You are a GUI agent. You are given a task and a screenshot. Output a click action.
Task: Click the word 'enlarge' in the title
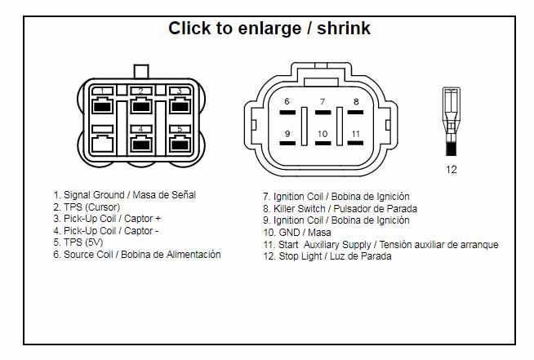(269, 29)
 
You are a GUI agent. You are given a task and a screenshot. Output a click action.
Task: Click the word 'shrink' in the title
(344, 28)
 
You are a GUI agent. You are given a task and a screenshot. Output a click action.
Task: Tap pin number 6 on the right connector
(287, 101)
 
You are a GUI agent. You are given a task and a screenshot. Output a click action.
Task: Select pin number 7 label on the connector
(323, 101)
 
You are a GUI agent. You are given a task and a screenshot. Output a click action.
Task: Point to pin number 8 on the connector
(356, 101)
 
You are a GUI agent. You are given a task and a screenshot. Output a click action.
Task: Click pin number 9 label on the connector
(287, 134)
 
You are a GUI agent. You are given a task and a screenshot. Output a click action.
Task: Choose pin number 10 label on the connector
(323, 134)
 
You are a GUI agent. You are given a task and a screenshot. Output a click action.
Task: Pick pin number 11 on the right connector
(356, 134)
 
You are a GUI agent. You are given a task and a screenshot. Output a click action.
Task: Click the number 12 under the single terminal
(452, 169)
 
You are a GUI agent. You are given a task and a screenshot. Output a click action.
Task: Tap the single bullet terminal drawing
(452, 122)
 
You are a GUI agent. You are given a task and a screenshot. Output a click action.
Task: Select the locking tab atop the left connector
(141, 72)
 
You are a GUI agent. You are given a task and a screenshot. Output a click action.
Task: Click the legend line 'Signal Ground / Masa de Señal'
(125, 195)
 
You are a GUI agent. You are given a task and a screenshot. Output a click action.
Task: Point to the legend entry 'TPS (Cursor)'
(87, 207)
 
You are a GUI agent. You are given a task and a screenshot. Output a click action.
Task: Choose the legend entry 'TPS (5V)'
(78, 242)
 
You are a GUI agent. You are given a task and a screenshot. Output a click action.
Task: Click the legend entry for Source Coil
(137, 255)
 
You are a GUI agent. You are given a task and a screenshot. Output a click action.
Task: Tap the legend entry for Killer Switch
(340, 208)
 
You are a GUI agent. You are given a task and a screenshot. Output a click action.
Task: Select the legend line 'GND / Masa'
(297, 233)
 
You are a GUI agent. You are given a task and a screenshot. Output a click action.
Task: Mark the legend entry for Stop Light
(327, 256)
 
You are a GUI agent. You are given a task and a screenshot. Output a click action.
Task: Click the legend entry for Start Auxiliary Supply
(380, 245)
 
